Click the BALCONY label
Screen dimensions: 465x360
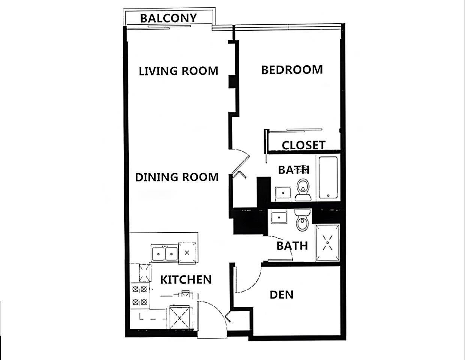point(168,18)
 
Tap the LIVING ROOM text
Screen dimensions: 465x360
point(179,71)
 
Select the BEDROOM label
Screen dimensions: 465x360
point(292,70)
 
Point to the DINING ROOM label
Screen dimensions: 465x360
point(177,177)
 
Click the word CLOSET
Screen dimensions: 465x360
point(304,145)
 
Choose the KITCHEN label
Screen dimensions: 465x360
point(186,280)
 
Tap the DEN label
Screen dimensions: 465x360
point(281,295)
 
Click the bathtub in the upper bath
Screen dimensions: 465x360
point(328,178)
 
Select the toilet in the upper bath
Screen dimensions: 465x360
point(303,190)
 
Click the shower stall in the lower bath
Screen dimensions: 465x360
point(327,243)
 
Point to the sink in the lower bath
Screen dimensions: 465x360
point(279,216)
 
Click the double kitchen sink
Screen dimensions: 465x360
point(164,253)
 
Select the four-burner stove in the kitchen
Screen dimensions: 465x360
point(140,296)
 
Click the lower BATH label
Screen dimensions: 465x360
point(292,246)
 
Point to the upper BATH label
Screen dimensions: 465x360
point(294,170)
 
